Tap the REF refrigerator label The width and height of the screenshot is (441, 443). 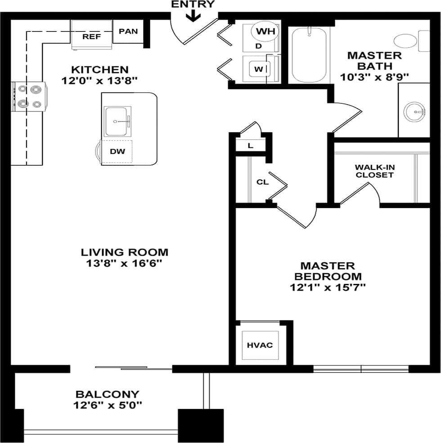click(x=91, y=36)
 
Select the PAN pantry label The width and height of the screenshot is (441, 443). click(x=128, y=31)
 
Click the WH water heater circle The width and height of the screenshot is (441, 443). click(x=265, y=31)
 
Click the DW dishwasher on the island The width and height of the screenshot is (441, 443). click(x=117, y=151)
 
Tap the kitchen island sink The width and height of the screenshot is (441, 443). click(x=117, y=121)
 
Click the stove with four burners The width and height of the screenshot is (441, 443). click(x=29, y=97)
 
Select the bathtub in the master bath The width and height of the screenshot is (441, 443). click(x=309, y=55)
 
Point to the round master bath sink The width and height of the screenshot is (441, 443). click(x=414, y=111)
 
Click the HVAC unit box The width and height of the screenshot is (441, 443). click(x=260, y=345)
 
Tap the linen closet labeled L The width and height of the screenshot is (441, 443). click(x=251, y=146)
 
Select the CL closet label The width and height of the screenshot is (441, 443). click(x=262, y=182)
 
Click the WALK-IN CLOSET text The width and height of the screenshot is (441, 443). click(x=374, y=171)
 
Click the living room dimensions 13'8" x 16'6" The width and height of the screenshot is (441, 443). click(x=124, y=263)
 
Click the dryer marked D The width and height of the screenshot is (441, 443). click(x=258, y=46)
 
